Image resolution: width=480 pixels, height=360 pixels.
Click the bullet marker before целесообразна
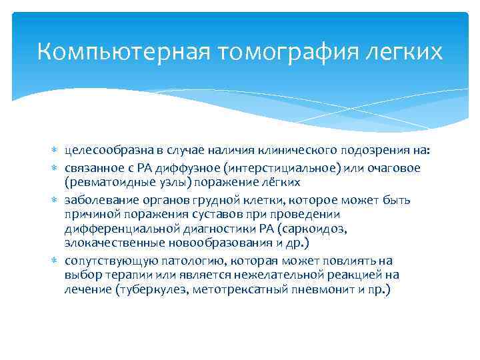tap(57, 150)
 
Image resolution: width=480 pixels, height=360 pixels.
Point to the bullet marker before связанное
tap(57, 168)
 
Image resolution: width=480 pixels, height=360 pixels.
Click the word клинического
tap(303, 150)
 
